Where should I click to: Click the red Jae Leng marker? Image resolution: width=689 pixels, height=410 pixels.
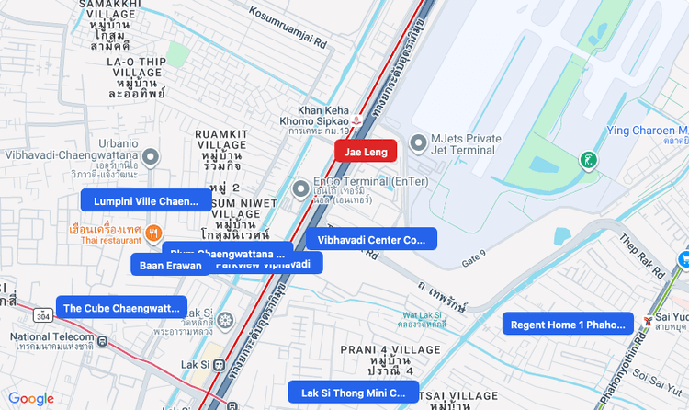tap(366, 152)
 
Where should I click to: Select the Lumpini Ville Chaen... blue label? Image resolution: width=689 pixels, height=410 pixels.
tap(146, 200)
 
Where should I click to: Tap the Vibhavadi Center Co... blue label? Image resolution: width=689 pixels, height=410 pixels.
tap(371, 239)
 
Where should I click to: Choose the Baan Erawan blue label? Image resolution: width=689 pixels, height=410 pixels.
tap(170, 265)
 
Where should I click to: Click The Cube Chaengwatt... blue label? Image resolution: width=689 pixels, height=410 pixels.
tap(121, 308)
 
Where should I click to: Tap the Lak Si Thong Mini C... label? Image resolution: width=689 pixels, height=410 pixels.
tap(353, 392)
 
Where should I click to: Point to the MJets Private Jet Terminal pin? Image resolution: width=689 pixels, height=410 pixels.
tap(419, 143)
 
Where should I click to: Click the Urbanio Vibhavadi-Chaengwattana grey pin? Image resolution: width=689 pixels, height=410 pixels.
tap(152, 158)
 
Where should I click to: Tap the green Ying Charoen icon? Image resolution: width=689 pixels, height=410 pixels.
tap(588, 161)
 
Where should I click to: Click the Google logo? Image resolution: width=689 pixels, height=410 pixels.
tap(31, 398)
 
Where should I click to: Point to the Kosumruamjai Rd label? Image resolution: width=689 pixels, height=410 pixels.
tap(288, 28)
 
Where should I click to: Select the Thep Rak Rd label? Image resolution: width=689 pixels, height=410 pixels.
tap(640, 256)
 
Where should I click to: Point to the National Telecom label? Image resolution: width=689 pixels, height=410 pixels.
tap(50, 337)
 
